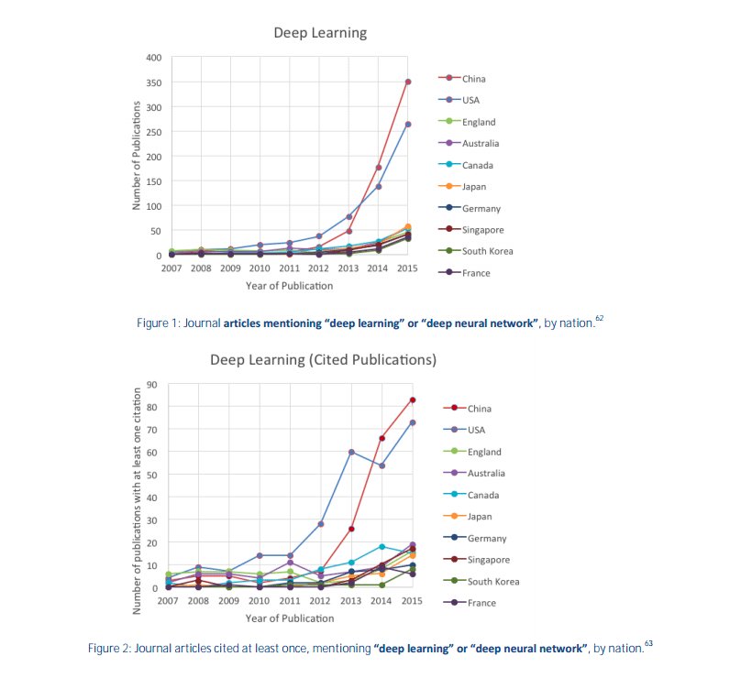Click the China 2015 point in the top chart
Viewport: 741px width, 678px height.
408,82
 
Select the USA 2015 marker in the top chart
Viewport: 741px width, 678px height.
408,125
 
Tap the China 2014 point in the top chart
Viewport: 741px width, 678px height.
378,168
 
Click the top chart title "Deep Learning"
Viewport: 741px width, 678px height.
320,33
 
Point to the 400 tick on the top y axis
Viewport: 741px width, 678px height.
154,58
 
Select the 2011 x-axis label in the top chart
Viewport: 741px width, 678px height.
289,269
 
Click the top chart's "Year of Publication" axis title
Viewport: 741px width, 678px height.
289,286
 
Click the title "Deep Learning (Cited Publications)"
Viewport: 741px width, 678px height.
323,359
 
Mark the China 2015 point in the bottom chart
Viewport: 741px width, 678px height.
413,399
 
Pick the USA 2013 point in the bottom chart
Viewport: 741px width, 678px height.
351,452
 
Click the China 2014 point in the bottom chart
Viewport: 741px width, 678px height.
382,438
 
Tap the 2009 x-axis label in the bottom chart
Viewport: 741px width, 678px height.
229,601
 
